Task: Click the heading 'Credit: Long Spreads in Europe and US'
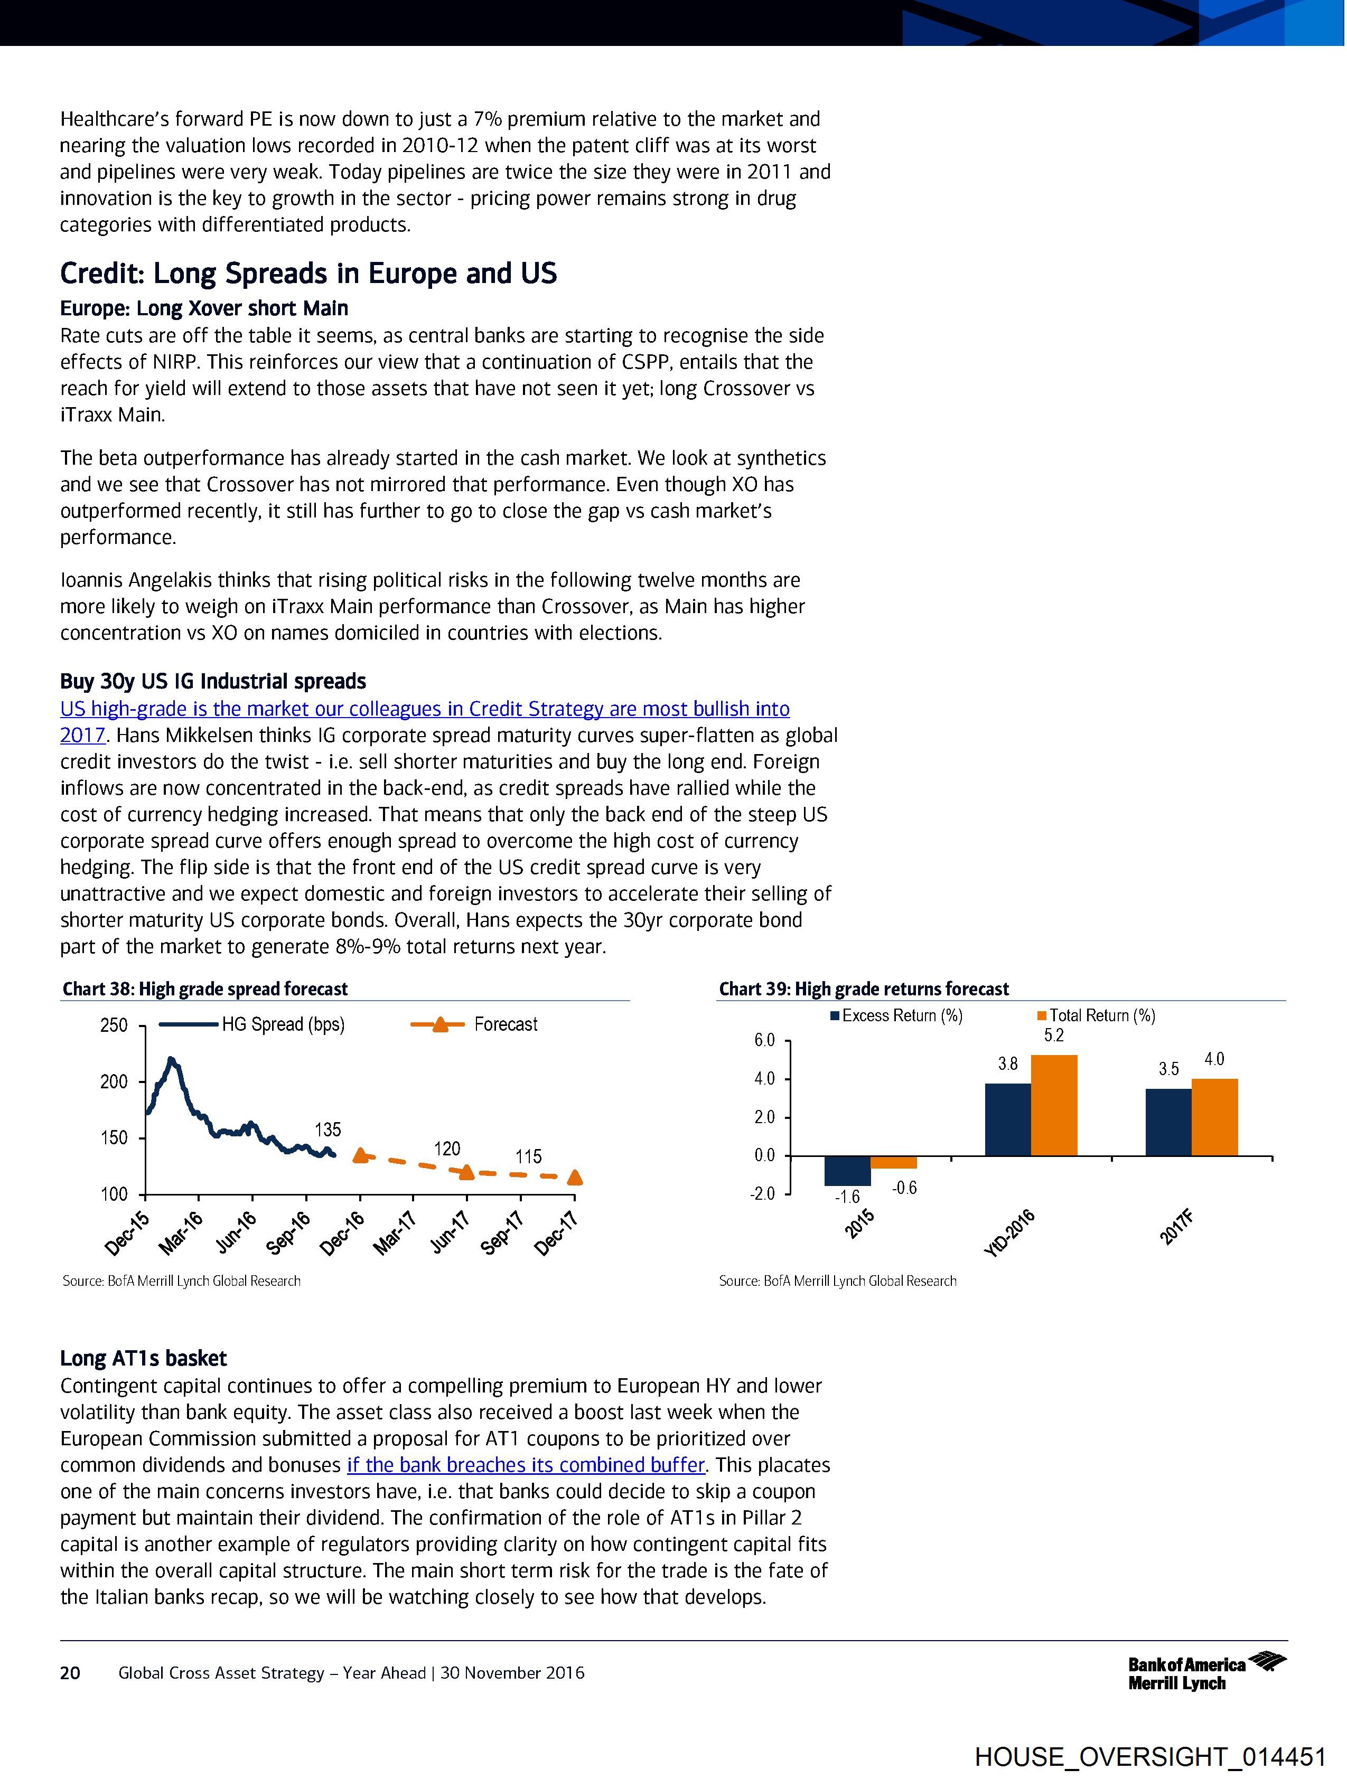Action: click(308, 274)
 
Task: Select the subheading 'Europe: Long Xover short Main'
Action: click(203, 309)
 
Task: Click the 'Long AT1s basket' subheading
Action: click(143, 1358)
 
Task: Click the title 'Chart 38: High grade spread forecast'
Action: click(205, 989)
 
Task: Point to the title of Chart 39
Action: click(863, 989)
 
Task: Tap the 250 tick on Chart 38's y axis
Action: click(114, 1025)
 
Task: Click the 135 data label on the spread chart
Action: click(328, 1129)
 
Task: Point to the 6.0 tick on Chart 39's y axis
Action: click(764, 1041)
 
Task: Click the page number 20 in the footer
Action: click(71, 1673)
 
